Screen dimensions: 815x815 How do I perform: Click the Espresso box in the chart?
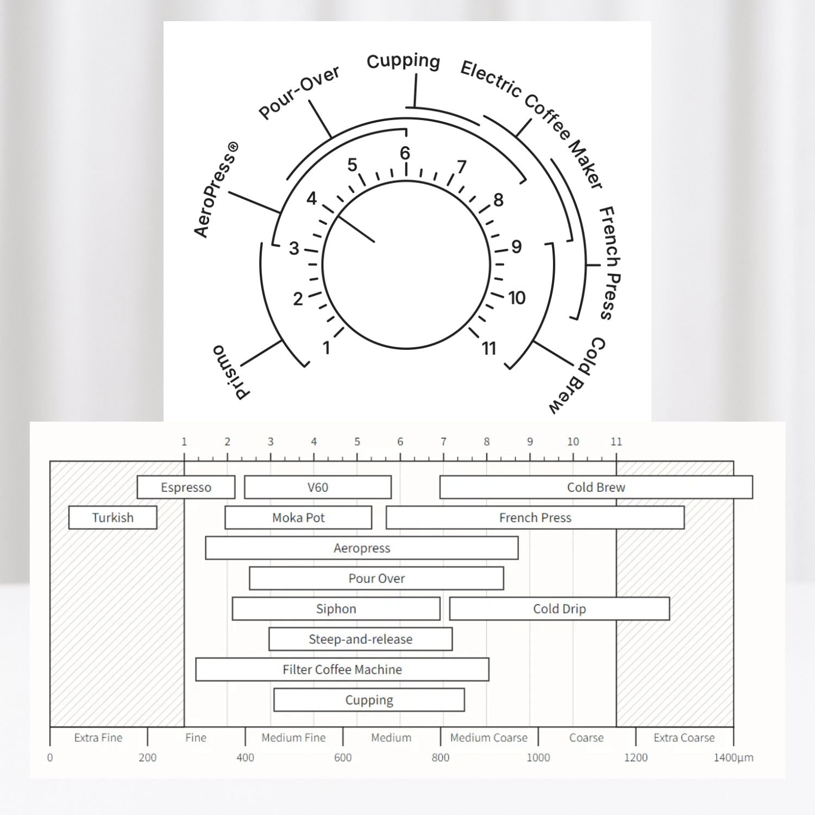pos(186,487)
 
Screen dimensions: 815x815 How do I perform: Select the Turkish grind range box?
pos(112,518)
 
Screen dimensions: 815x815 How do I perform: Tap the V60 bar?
pos(318,487)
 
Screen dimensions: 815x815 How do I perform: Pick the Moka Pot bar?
pos(298,518)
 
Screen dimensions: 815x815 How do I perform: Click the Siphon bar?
pos(336,609)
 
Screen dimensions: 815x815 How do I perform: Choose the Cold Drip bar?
pos(560,609)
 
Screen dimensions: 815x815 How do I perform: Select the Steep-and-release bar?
pos(360,640)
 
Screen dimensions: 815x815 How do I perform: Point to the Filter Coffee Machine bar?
pos(342,670)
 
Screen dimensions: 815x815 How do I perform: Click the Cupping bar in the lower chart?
pos(369,700)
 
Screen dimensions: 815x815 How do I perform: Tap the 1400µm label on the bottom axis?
pos(733,757)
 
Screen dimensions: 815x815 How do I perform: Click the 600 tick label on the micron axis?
pos(343,757)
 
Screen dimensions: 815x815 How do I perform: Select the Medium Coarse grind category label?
pos(488,738)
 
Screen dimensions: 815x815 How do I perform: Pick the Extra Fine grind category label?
pos(98,738)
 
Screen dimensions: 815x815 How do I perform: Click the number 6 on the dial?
pos(405,153)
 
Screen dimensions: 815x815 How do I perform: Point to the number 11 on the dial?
pos(489,348)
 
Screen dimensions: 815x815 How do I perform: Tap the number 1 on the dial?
pos(327,348)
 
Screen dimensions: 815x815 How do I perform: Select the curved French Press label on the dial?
pos(610,263)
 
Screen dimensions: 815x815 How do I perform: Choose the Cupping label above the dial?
pos(403,61)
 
